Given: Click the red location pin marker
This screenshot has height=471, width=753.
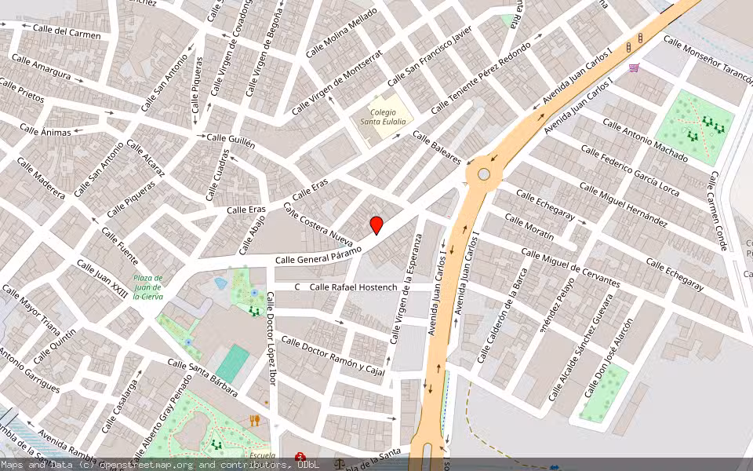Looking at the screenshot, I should [x=376, y=225].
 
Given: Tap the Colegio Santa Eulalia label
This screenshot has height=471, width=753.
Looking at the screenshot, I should [x=383, y=117].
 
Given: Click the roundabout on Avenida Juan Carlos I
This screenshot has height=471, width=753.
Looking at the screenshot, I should [x=484, y=173].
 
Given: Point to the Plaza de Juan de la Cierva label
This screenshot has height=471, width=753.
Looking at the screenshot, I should [x=147, y=287].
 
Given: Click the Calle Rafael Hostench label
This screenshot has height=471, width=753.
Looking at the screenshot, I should [x=353, y=287].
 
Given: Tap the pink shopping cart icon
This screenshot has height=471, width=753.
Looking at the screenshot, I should [x=634, y=68].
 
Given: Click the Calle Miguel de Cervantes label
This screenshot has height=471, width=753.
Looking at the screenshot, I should [x=570, y=268].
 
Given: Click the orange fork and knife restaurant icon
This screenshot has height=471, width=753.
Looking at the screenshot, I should [x=254, y=420].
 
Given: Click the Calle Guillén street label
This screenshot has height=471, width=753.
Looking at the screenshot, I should [x=231, y=137].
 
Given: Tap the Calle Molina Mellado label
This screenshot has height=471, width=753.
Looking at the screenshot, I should [x=341, y=32].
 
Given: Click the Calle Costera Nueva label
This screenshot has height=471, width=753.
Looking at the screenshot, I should [x=318, y=224].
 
